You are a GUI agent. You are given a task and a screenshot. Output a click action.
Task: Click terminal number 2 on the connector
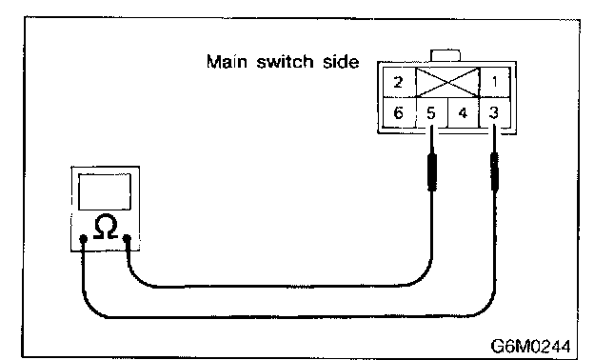[x=399, y=82]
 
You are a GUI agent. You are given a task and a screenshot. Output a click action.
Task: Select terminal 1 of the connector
[x=495, y=82]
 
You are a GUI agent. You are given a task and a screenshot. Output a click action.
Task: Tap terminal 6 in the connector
[x=399, y=113]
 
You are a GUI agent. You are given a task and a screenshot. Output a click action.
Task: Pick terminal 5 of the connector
[x=431, y=113]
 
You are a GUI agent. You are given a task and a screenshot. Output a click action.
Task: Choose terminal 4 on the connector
[x=463, y=113]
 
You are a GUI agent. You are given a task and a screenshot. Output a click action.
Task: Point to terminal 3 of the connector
[x=494, y=113]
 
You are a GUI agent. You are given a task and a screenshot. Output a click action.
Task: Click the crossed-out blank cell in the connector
[x=447, y=83]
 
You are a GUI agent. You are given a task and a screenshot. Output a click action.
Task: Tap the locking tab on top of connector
[x=445, y=55]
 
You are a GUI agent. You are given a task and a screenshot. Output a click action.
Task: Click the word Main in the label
[x=227, y=61]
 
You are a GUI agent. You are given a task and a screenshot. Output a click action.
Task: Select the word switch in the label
[x=285, y=61]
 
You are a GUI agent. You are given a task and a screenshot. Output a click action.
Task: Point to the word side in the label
[x=341, y=61]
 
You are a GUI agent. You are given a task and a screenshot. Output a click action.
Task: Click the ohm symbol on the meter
[x=106, y=227]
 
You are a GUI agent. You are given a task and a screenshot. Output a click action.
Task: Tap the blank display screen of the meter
[x=105, y=191]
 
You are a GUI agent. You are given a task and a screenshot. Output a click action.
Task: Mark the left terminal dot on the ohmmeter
[x=84, y=238]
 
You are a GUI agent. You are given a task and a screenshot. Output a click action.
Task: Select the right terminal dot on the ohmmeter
[x=128, y=238]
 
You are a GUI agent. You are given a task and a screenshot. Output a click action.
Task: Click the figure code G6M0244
[x=530, y=346]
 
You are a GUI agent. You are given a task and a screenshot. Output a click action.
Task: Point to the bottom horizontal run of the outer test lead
[x=287, y=316]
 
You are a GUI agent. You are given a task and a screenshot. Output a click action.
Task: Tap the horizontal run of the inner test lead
[x=280, y=286]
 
